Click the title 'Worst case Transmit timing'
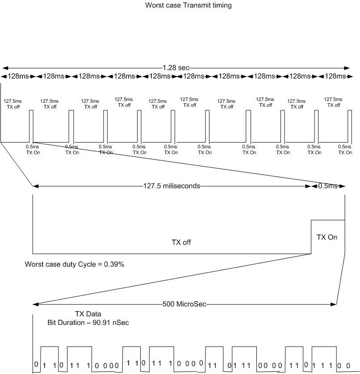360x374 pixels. tap(188, 5)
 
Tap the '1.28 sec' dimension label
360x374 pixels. tap(176, 68)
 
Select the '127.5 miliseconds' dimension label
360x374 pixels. tap(172, 186)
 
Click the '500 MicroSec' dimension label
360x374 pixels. tap(184, 304)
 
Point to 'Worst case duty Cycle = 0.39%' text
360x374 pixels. tap(75, 264)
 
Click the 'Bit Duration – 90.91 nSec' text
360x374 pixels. tap(88, 323)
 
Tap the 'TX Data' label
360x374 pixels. tap(88, 314)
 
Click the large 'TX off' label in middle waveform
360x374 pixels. tap(181, 242)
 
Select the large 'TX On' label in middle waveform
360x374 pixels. tap(327, 237)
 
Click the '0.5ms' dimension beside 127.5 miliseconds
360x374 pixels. tap(328, 186)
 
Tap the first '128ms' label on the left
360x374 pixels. tap(18, 76)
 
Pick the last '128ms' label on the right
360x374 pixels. tap(335, 76)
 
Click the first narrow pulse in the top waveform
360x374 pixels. tap(31, 126)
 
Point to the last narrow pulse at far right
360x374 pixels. tap(350, 126)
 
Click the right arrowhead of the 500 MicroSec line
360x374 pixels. tap(333, 304)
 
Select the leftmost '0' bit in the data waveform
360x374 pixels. tap(36, 364)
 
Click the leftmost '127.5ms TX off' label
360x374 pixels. tap(13, 104)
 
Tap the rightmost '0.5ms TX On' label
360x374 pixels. tap(345, 150)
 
